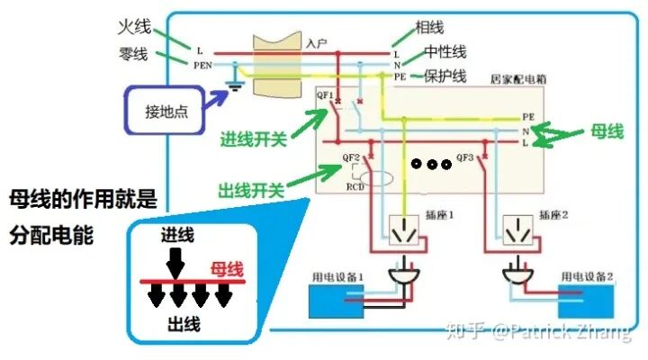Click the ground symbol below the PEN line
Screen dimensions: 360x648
(237, 86)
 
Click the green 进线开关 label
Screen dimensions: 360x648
(254, 140)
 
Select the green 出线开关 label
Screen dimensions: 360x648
(251, 190)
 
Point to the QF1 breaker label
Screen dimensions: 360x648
(325, 94)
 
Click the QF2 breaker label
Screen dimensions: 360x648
(352, 157)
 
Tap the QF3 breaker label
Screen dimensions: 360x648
(465, 157)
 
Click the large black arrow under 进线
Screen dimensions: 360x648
(176, 262)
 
